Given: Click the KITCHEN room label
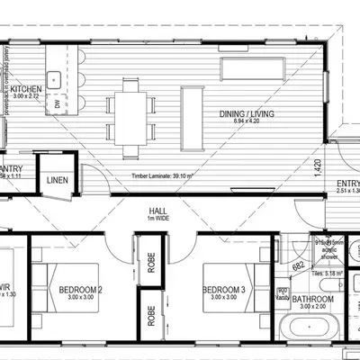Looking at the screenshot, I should [26, 88].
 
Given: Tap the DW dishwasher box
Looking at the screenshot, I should [58, 104].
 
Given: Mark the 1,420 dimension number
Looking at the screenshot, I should [318, 168].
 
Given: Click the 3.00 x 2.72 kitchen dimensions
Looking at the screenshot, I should [26, 96].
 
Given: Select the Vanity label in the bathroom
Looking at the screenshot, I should [283, 298].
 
